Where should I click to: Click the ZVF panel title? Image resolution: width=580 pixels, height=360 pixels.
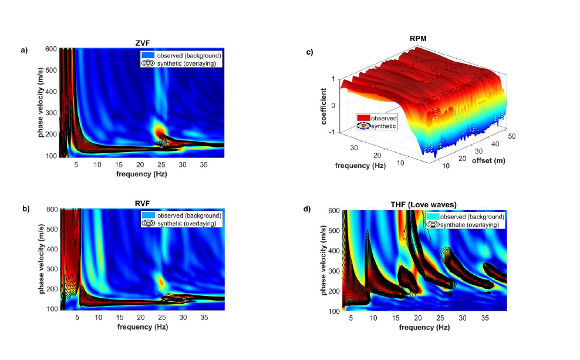tap(141, 42)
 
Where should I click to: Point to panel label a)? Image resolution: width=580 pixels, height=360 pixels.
tap(24, 50)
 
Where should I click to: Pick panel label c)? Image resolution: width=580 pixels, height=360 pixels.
tap(309, 52)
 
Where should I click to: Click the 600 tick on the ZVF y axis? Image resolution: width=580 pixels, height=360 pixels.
tap(50, 49)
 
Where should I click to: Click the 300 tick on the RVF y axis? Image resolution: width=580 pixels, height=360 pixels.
tap(50, 268)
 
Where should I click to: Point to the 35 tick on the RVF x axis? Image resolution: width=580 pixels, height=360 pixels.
tap(204, 317)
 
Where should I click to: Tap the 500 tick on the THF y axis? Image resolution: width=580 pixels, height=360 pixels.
tap(334, 230)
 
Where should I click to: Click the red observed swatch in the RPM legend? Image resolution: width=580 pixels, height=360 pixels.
tap(362, 118)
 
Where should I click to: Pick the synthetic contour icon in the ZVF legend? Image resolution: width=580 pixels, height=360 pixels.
tap(147, 64)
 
